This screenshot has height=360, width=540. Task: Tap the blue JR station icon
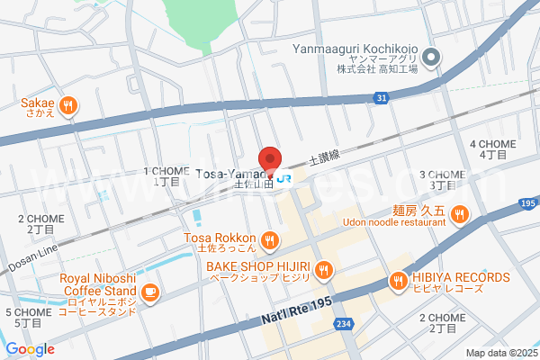click(284, 178)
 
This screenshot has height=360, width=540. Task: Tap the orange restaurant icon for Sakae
click(68, 105)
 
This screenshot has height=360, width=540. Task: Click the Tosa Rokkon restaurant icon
click(270, 239)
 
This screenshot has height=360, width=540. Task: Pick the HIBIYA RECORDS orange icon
click(398, 283)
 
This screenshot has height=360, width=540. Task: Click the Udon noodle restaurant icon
click(460, 214)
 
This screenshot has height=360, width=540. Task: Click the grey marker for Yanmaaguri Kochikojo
click(431, 58)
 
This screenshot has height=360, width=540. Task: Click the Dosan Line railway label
click(32, 256)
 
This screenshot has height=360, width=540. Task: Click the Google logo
click(30, 349)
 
